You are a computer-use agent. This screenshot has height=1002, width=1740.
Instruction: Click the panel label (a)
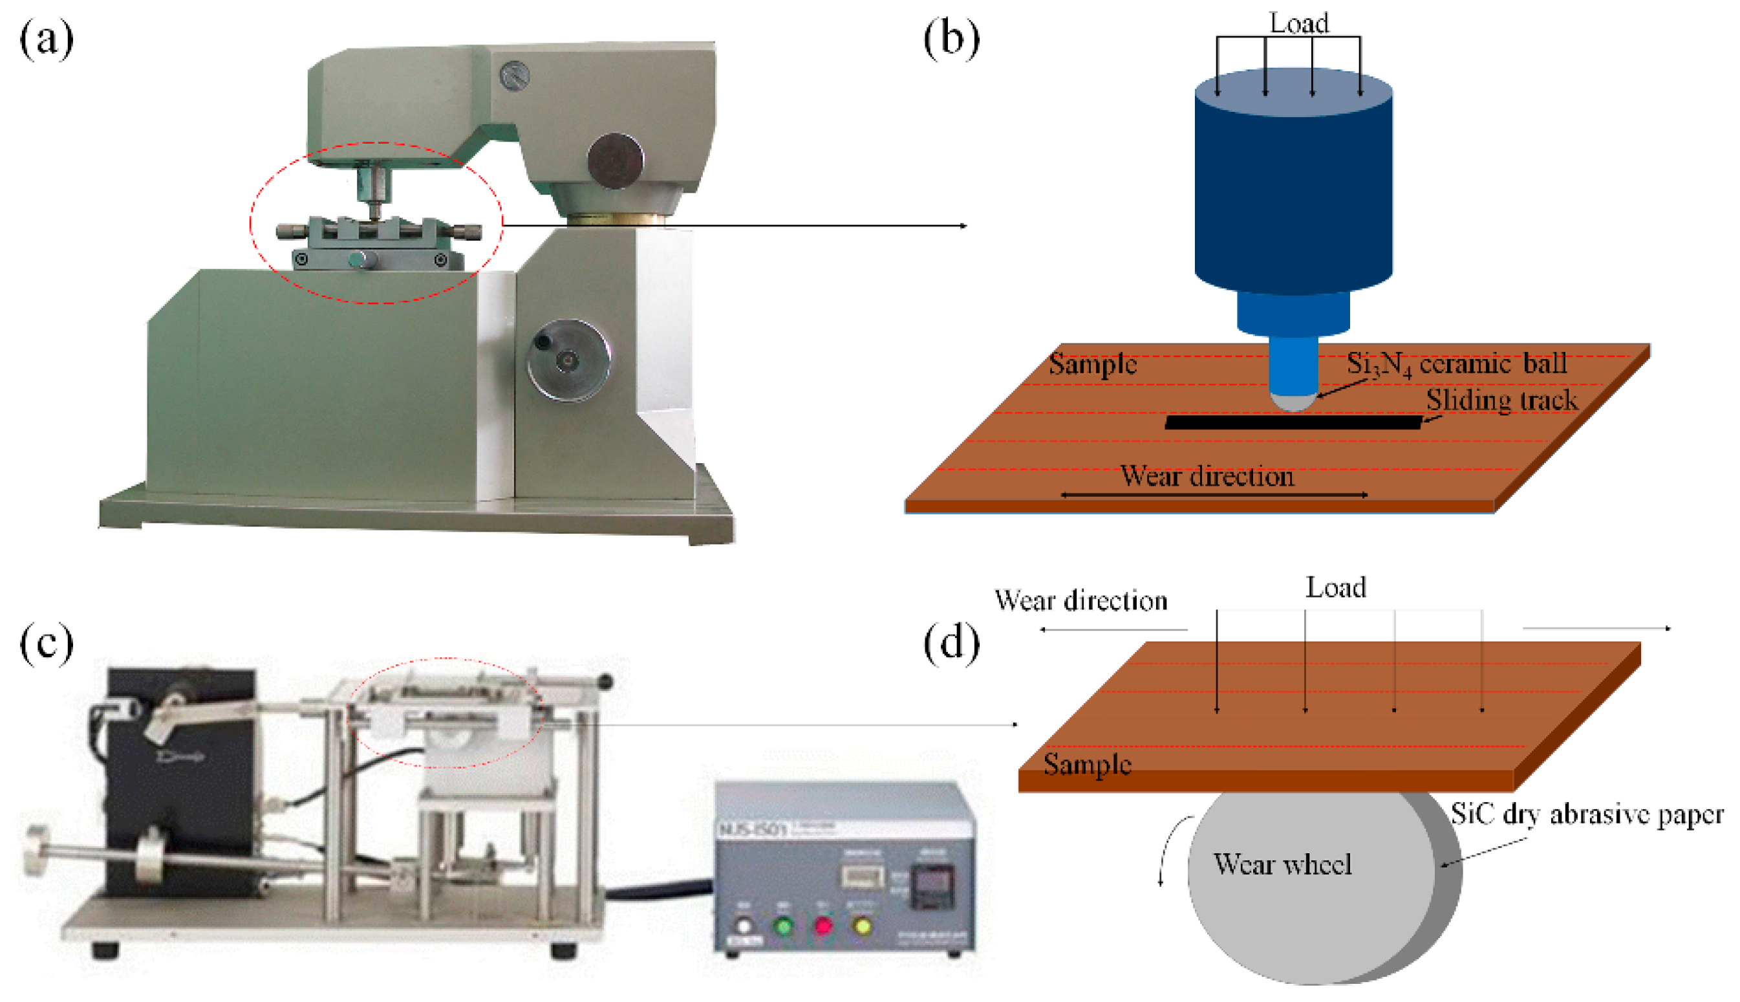pyautogui.click(x=46, y=39)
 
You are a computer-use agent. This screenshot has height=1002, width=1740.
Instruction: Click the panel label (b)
pyautogui.click(x=951, y=39)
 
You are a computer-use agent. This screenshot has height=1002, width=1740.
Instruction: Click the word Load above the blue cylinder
pyautogui.click(x=1298, y=23)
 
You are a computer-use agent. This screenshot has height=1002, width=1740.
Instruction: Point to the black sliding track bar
pyautogui.click(x=1293, y=422)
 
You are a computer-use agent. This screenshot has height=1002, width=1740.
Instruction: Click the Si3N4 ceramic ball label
pyautogui.click(x=1456, y=364)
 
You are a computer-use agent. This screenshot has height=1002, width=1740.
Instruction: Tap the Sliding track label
pyautogui.click(x=1501, y=400)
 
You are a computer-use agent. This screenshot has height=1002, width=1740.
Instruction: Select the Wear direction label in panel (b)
pyautogui.click(x=1207, y=476)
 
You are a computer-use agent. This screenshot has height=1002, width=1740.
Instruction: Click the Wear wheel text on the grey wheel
pyautogui.click(x=1283, y=864)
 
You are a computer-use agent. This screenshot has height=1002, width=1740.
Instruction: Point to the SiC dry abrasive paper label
pyautogui.click(x=1587, y=814)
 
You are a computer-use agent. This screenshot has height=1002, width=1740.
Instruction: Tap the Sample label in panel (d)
pyautogui.click(x=1088, y=765)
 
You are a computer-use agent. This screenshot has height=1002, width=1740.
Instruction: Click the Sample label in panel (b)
pyautogui.click(x=1092, y=364)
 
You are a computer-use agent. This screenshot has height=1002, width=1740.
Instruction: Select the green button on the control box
pyautogui.click(x=782, y=926)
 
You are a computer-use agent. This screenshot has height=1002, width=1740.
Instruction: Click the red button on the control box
pyautogui.click(x=822, y=926)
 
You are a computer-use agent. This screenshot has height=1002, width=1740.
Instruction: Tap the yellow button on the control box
pyautogui.click(x=863, y=926)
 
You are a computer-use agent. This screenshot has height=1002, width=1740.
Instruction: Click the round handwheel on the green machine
pyautogui.click(x=568, y=359)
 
